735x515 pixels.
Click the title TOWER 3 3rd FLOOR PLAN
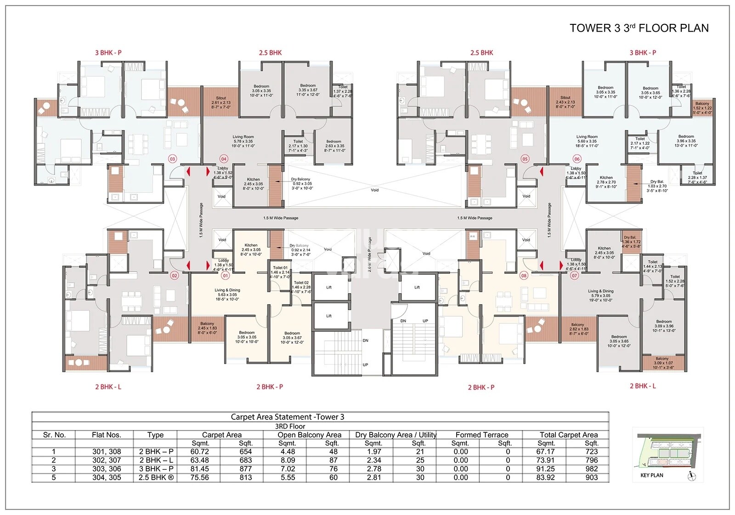639,28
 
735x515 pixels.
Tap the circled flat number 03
172,159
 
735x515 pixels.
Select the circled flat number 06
577,159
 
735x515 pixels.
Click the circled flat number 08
524,276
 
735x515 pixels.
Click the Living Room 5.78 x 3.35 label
243,141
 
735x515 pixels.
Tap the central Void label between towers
375,190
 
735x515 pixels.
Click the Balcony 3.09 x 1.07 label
662,363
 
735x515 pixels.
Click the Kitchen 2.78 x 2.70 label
606,182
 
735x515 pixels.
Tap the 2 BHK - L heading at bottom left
108,387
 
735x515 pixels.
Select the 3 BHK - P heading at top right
643,53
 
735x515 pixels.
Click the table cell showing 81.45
200,469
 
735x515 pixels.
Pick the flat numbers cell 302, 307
107,460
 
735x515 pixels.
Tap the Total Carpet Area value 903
592,478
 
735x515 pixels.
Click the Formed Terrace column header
482,435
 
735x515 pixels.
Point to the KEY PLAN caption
651,475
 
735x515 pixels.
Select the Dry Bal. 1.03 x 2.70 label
657,186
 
